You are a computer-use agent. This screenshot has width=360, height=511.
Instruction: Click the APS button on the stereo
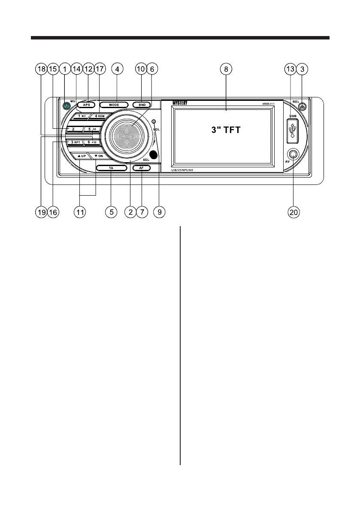point(86,105)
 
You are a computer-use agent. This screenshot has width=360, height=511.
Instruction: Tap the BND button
point(142,105)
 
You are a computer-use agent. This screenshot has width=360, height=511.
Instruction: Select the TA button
point(111,169)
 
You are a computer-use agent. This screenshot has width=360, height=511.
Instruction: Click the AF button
point(142,168)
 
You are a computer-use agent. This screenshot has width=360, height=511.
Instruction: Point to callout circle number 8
point(226,68)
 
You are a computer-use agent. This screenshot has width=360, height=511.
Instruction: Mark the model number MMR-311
point(269,103)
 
